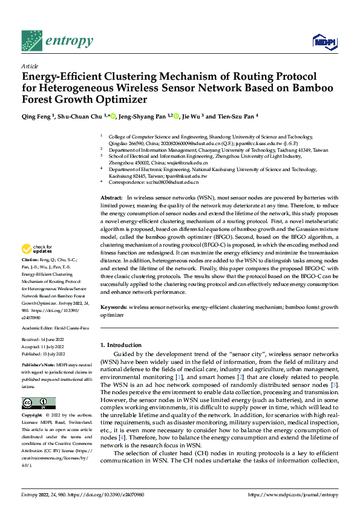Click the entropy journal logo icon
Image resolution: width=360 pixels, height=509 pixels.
[x=31, y=41]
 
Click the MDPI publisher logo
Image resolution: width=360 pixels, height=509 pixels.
[x=324, y=41]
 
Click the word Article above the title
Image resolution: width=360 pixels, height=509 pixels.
[x=29, y=66]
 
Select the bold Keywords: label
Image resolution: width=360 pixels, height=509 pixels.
[x=114, y=307]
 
